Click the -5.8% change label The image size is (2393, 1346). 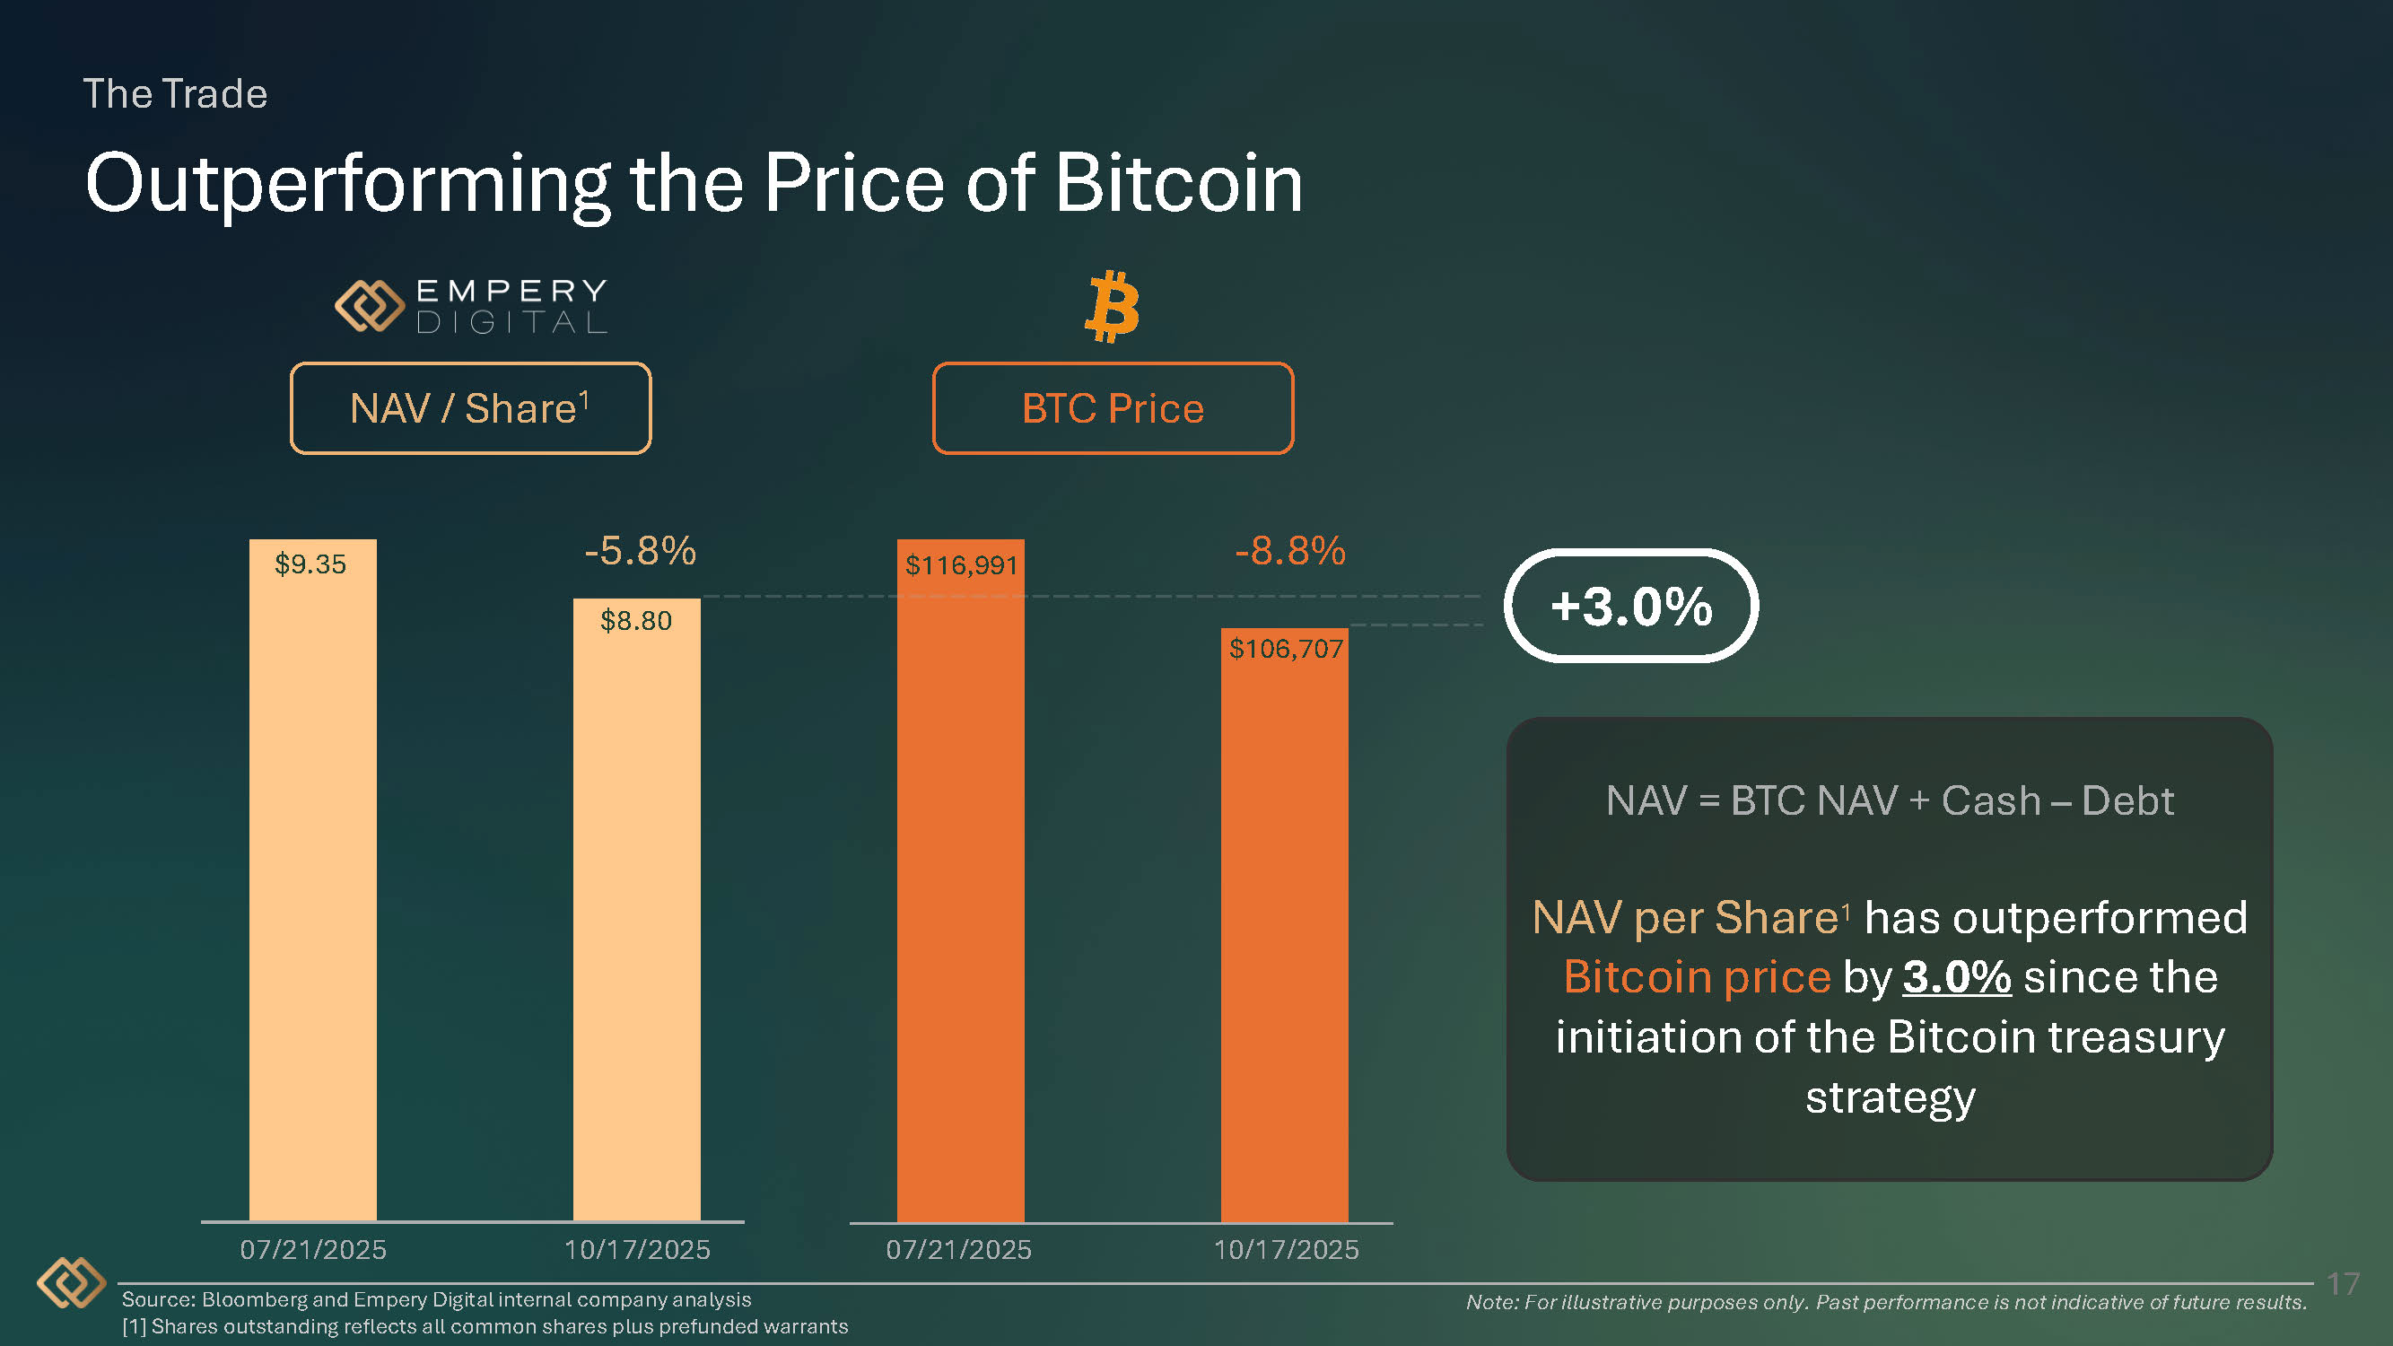coord(640,551)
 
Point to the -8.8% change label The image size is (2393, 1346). coord(1289,551)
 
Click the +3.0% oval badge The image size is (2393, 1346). coord(1630,606)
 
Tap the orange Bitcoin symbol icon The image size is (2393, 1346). coord(1112,307)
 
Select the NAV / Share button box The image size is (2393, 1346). coord(470,408)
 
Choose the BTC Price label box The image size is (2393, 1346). coord(1112,408)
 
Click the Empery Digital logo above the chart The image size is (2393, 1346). coord(470,306)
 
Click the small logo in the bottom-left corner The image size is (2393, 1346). coord(71,1283)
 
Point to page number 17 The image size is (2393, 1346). coord(2343,1284)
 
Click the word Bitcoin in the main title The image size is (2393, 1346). coord(1178,183)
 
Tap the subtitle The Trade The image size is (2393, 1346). coord(176,94)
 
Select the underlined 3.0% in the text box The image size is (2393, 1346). coord(1956,977)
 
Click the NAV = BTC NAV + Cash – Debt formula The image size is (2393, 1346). coord(1889,800)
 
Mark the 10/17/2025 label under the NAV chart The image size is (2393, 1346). coord(636,1249)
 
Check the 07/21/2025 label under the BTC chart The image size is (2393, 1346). coord(958,1249)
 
